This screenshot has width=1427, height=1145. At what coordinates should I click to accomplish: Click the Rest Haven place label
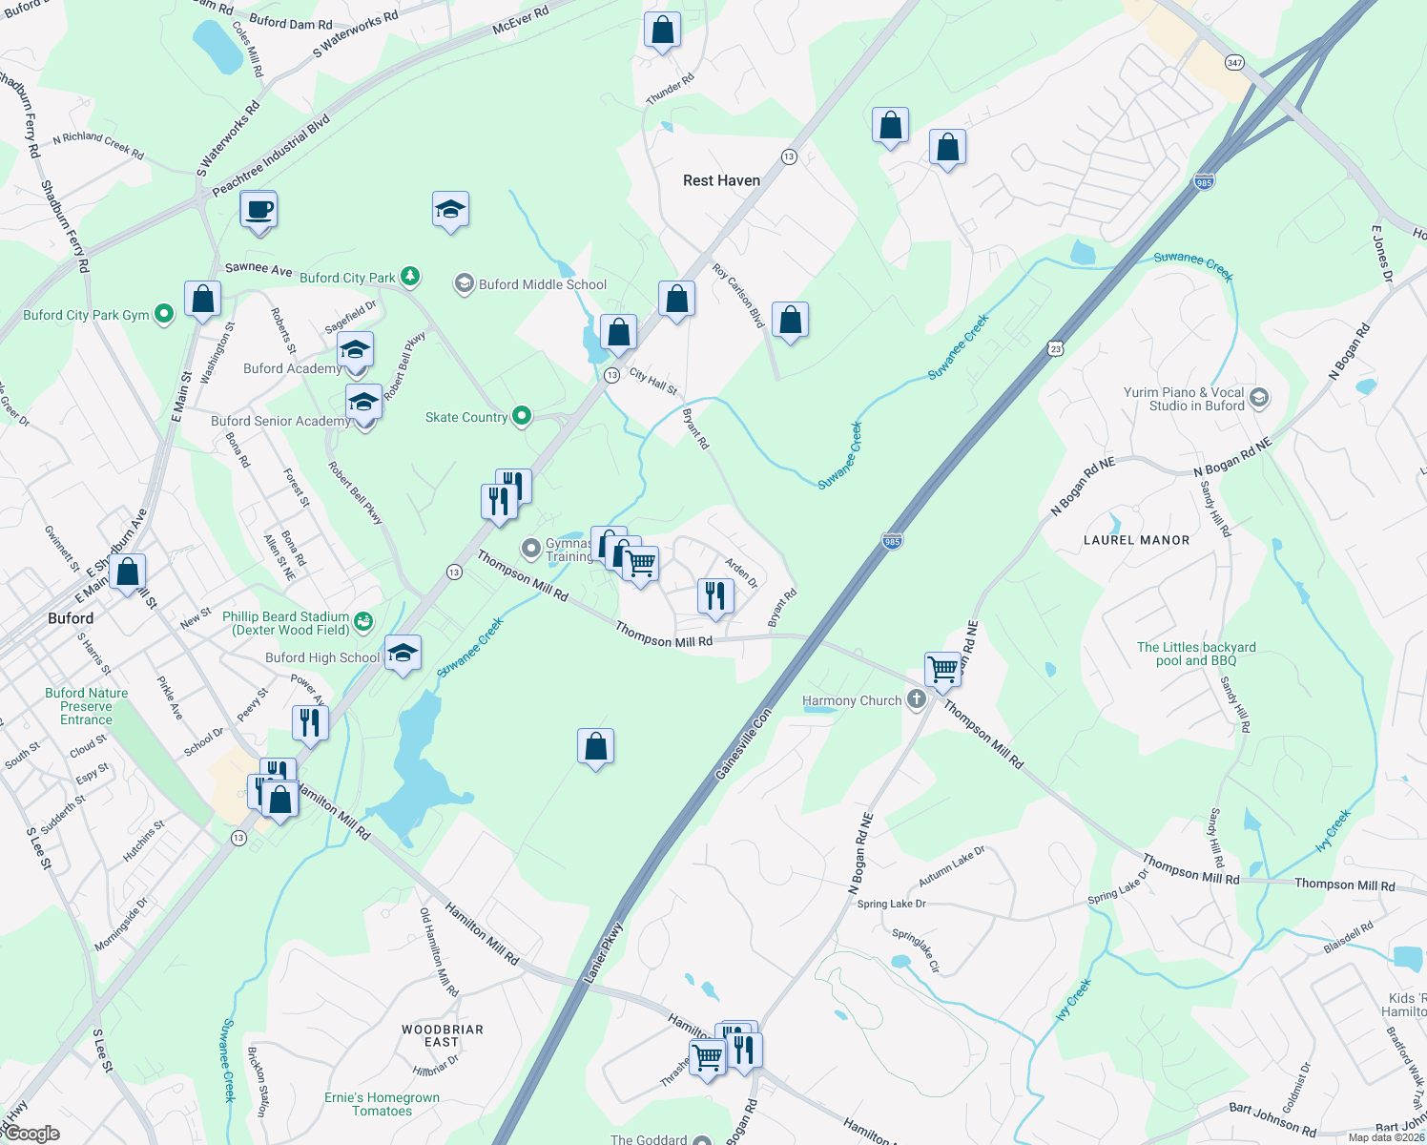721,180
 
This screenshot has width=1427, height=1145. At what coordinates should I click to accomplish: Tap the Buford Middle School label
542,284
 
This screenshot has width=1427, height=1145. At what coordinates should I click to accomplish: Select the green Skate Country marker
522,415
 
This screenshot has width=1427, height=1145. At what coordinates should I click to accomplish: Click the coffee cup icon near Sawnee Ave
259,209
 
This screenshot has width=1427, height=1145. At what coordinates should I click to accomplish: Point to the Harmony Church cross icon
916,699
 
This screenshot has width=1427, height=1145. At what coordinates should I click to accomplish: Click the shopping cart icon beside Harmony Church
942,669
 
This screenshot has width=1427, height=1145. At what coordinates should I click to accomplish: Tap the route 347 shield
1235,63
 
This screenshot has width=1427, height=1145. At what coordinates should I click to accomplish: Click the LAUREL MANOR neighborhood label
1136,540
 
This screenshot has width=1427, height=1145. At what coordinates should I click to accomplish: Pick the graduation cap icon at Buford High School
403,654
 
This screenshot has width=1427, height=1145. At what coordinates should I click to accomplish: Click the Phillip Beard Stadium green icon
363,622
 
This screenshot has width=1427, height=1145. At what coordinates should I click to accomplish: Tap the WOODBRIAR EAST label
442,1035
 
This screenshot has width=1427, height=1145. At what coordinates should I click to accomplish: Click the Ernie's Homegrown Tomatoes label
382,1104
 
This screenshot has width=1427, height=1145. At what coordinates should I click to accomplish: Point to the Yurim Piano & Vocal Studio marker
1259,398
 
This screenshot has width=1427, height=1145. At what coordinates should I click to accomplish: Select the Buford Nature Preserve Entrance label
86,706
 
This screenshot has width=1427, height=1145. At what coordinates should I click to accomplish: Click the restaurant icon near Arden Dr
714,595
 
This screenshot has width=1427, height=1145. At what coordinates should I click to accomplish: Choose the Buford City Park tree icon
410,277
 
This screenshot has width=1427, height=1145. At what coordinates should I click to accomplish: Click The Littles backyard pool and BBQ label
1196,654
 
